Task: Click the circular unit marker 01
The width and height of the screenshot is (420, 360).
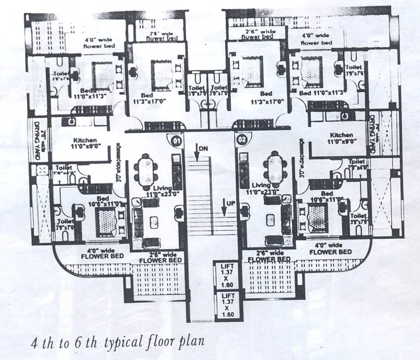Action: click(x=175, y=141)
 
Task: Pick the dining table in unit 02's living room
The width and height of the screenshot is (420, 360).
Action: click(x=275, y=169)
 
